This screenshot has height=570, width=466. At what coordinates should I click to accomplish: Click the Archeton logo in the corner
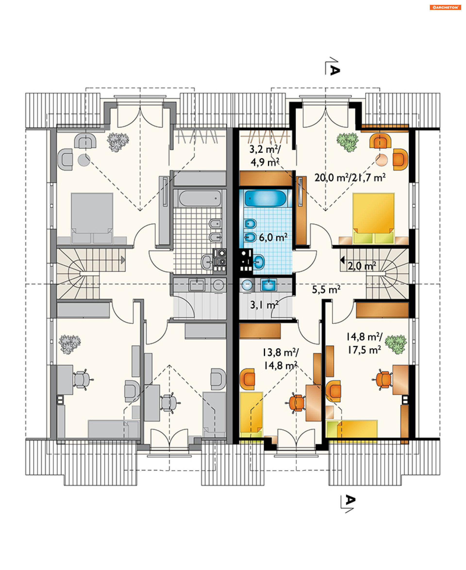pos(445,8)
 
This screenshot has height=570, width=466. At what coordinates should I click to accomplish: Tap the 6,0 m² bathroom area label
pos(273,237)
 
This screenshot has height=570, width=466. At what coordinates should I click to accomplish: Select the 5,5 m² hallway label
pos(326,289)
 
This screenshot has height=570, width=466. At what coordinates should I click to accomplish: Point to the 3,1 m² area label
pos(264,305)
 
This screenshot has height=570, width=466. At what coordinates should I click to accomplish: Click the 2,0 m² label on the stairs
pos(362,266)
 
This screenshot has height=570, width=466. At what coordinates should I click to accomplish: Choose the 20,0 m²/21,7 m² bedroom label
pos(350,178)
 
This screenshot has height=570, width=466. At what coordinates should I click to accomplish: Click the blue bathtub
pos(265,198)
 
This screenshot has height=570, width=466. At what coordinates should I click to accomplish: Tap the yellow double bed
pos(373,218)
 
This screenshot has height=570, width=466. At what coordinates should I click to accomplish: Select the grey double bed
pos(92,218)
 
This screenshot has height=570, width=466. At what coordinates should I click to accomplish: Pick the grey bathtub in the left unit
pos(200,198)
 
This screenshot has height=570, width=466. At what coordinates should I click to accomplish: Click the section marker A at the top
pos(334,70)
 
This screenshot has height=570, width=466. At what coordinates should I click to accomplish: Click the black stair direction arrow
pos(342,260)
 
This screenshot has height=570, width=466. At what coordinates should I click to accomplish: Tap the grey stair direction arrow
pos(123,260)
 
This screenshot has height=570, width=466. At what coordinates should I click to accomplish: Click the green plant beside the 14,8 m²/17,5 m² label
pos(396,345)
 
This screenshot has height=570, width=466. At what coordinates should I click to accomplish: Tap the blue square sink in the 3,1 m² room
pos(268,285)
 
